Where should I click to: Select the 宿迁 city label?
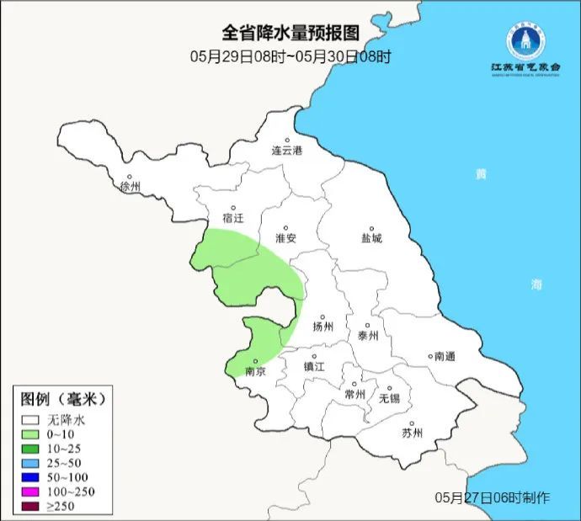point(233,218)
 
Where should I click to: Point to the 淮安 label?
point(285,238)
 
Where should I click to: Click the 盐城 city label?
point(370,238)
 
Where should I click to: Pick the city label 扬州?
point(322,327)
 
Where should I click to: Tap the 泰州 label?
point(369,335)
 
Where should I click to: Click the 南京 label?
point(254,371)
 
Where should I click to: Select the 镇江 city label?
point(314,367)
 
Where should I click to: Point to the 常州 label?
point(355,394)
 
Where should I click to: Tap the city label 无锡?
point(390,397)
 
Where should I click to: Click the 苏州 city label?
point(412,433)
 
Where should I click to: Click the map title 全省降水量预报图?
point(290,33)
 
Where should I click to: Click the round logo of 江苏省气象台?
point(525,40)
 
